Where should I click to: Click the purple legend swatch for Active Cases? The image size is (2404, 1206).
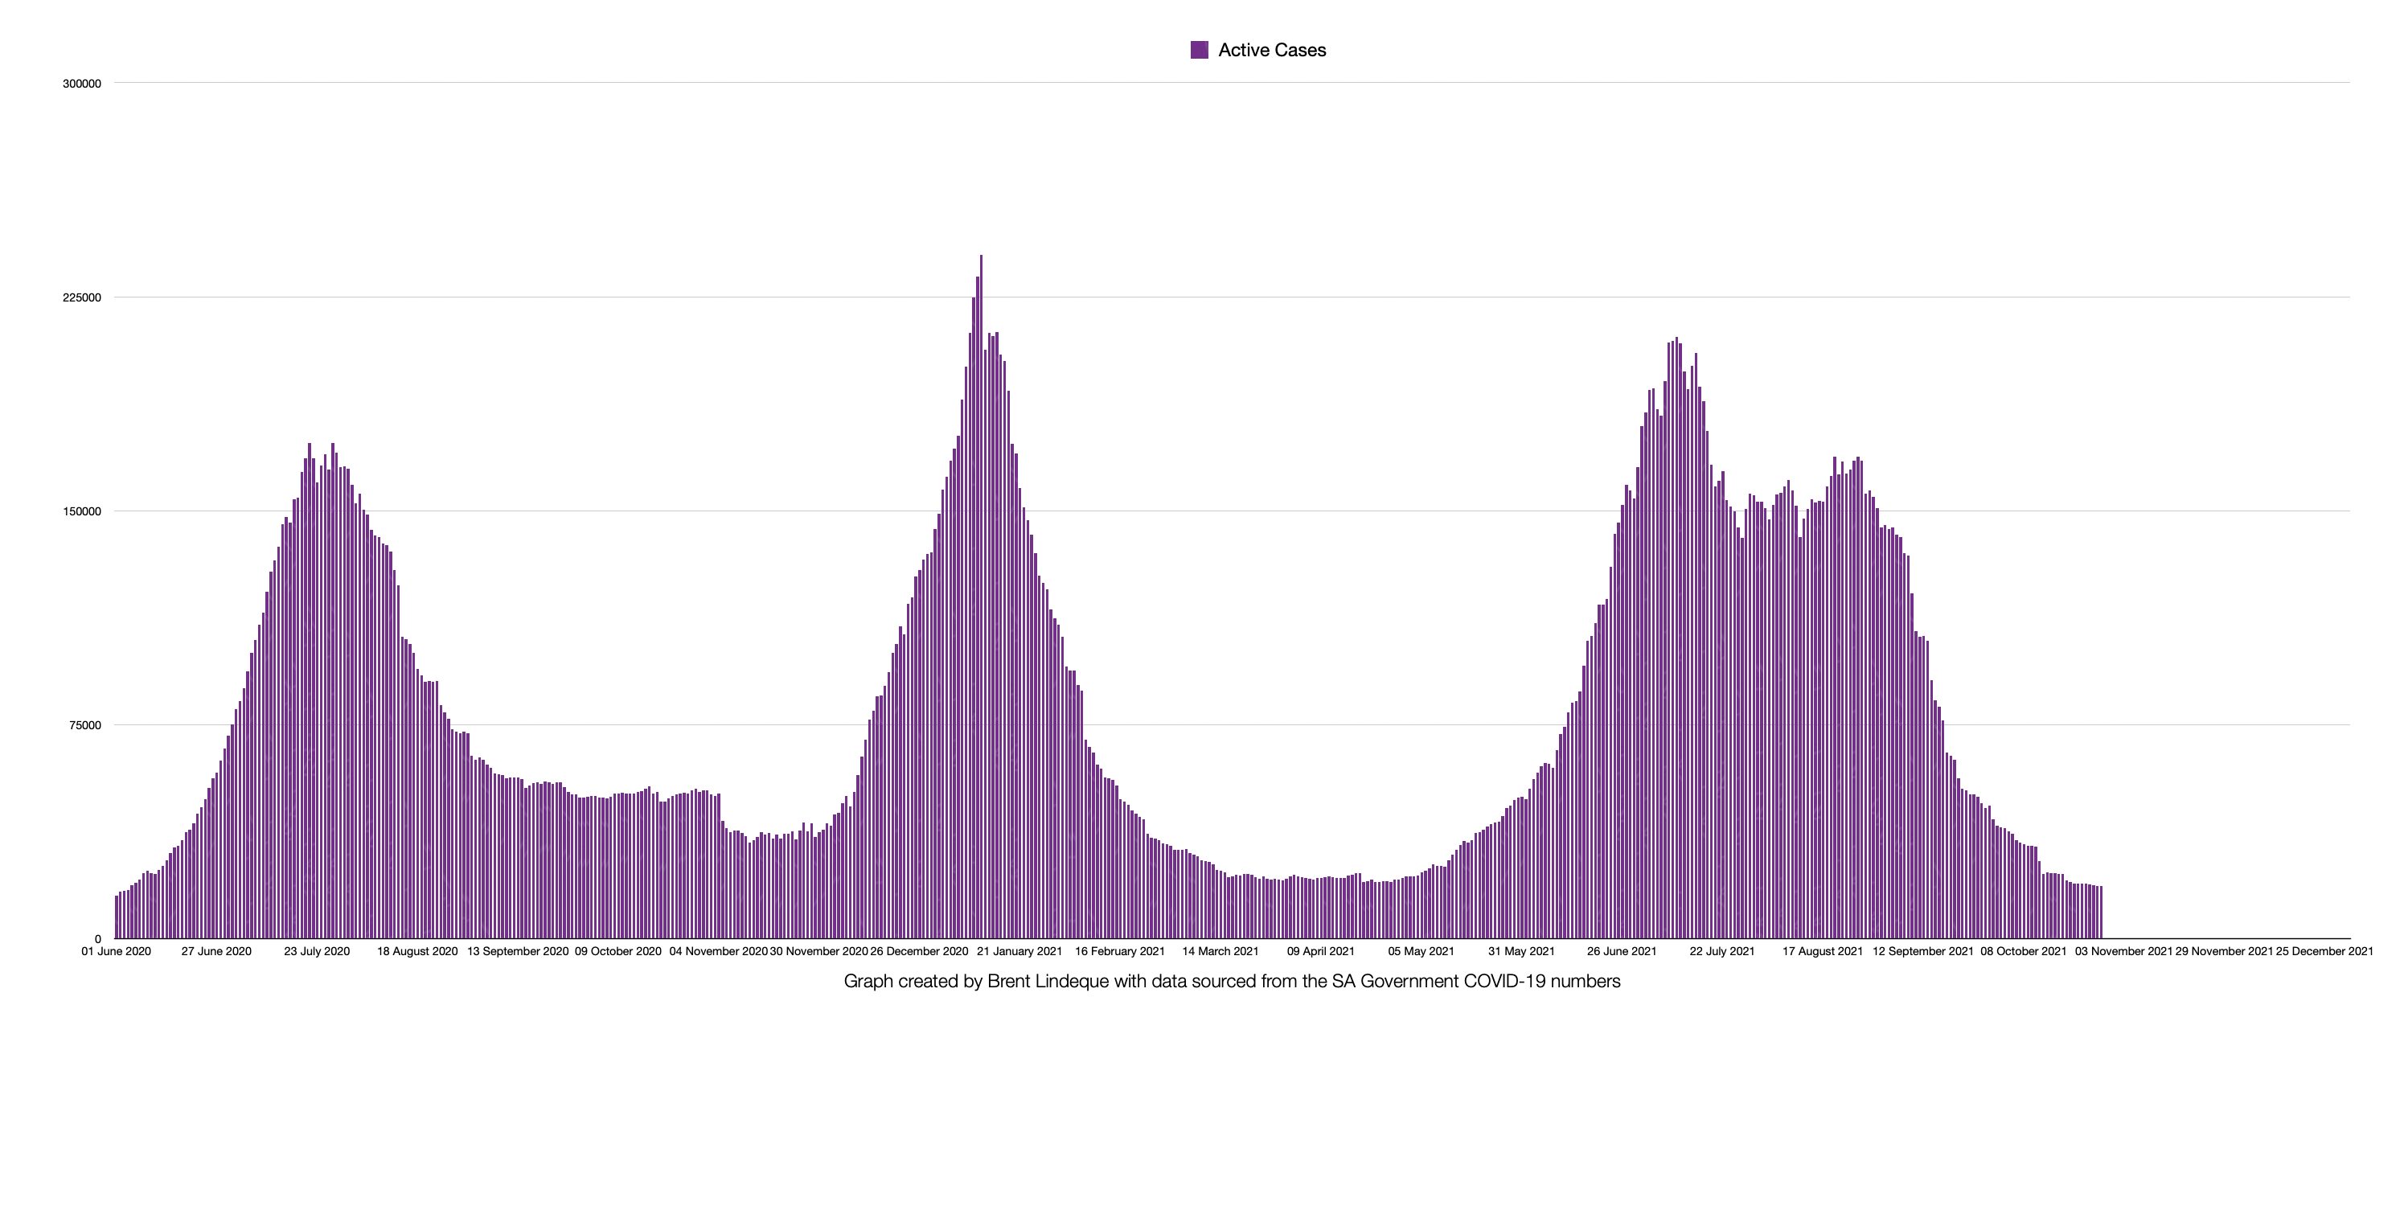pyautogui.click(x=1200, y=51)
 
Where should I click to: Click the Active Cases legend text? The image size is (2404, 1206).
pyautogui.click(x=1272, y=51)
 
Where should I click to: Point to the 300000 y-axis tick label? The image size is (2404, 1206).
pyautogui.click(x=81, y=84)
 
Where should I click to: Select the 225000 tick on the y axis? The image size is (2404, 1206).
pyautogui.click(x=81, y=297)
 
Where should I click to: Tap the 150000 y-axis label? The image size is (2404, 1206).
pyautogui.click(x=81, y=511)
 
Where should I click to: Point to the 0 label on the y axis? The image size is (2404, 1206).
pyautogui.click(x=97, y=939)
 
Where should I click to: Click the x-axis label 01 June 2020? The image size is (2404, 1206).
pyautogui.click(x=116, y=951)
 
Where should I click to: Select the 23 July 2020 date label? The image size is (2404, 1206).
pyautogui.click(x=318, y=951)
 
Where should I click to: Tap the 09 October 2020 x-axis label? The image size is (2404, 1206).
pyautogui.click(x=617, y=951)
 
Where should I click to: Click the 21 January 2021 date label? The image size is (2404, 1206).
pyautogui.click(x=1019, y=951)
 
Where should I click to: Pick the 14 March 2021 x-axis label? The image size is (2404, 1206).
pyautogui.click(x=1220, y=951)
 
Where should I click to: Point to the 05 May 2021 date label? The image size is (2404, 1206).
pyautogui.click(x=1421, y=951)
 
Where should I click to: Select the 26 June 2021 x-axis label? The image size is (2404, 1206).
pyautogui.click(x=1622, y=951)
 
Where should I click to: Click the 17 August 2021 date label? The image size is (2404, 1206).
pyautogui.click(x=1823, y=951)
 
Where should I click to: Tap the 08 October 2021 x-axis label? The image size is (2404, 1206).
pyautogui.click(x=2023, y=951)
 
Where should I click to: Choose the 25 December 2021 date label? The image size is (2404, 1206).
pyautogui.click(x=2324, y=951)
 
